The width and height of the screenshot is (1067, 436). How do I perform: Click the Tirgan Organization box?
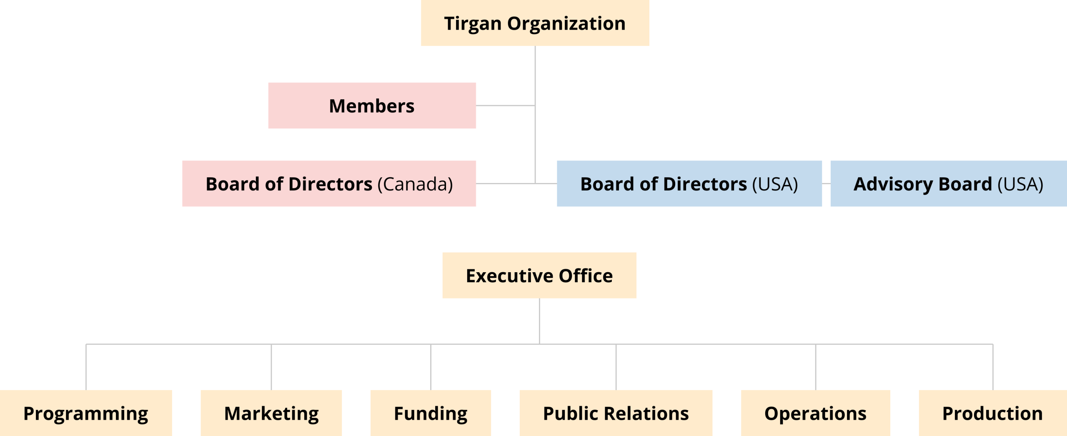pyautogui.click(x=535, y=23)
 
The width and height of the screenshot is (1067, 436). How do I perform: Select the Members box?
pyautogui.click(x=372, y=105)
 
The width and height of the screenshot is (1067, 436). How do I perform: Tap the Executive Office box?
pyautogui.click(x=539, y=275)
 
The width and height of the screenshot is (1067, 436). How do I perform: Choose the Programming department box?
pyautogui.click(x=86, y=413)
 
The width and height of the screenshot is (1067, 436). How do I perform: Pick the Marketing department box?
pyautogui.click(x=271, y=413)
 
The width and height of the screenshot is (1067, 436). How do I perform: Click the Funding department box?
pyautogui.click(x=431, y=413)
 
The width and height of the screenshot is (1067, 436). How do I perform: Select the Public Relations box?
pyautogui.click(x=616, y=413)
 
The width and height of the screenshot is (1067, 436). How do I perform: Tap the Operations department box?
pyautogui.click(x=816, y=413)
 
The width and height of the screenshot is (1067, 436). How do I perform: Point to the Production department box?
pyautogui.click(x=993, y=413)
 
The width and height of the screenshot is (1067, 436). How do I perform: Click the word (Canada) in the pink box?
pyautogui.click(x=415, y=184)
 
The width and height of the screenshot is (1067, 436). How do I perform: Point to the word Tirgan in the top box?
pyautogui.click(x=473, y=24)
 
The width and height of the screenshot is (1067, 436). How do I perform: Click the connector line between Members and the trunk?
pyautogui.click(x=506, y=105)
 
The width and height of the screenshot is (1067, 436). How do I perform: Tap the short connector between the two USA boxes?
pyautogui.click(x=826, y=183)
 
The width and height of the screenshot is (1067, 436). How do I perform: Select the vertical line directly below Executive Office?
pyautogui.click(x=539, y=321)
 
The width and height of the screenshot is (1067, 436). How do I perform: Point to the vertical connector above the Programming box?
pyautogui.click(x=86, y=367)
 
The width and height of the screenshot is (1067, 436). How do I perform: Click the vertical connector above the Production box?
pyautogui.click(x=993, y=367)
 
